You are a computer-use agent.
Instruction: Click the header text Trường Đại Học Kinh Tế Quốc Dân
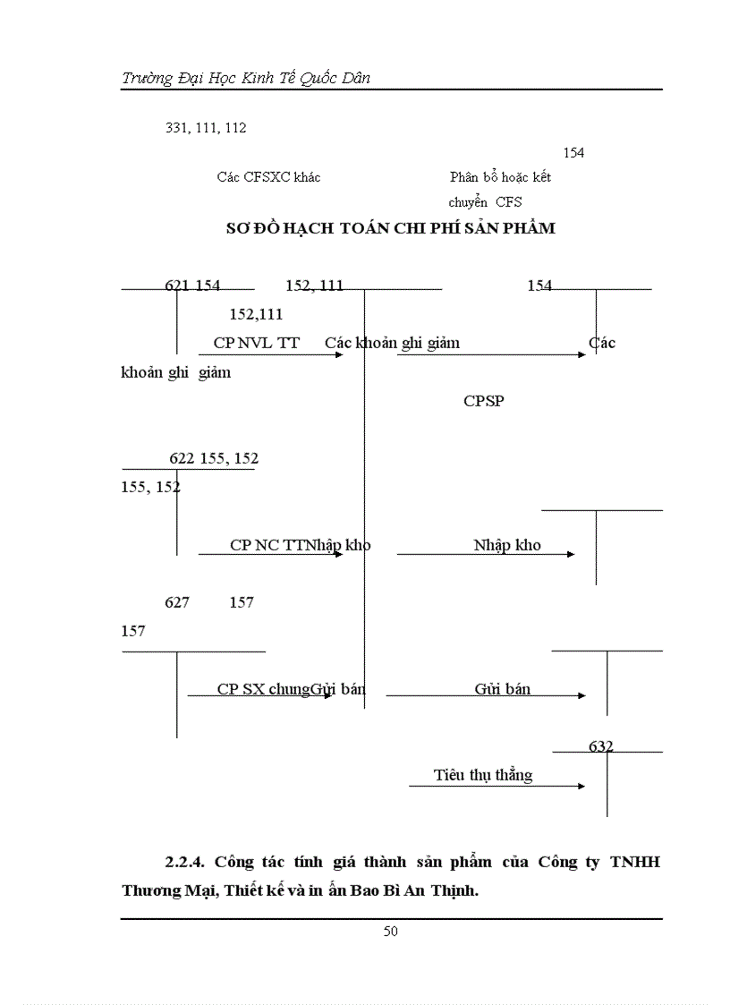tap(246, 78)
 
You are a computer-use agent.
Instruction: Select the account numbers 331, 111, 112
tap(206, 128)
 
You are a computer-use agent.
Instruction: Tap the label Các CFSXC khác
tap(268, 177)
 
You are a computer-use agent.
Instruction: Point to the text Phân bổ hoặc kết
tap(500, 177)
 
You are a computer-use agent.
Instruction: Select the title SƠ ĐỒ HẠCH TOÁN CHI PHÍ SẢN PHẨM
tap(390, 228)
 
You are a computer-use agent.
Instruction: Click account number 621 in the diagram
tap(176, 285)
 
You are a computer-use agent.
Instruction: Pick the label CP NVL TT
tap(256, 343)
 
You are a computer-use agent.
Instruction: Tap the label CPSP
tap(483, 401)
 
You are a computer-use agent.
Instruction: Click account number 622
tap(182, 458)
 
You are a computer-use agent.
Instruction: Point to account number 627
tap(177, 602)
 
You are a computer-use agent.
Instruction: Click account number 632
tap(601, 745)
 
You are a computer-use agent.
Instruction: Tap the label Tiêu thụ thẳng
tap(483, 775)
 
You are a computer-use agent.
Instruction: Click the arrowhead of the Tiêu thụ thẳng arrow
tap(581, 786)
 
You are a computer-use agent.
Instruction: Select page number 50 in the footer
tap(390, 932)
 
